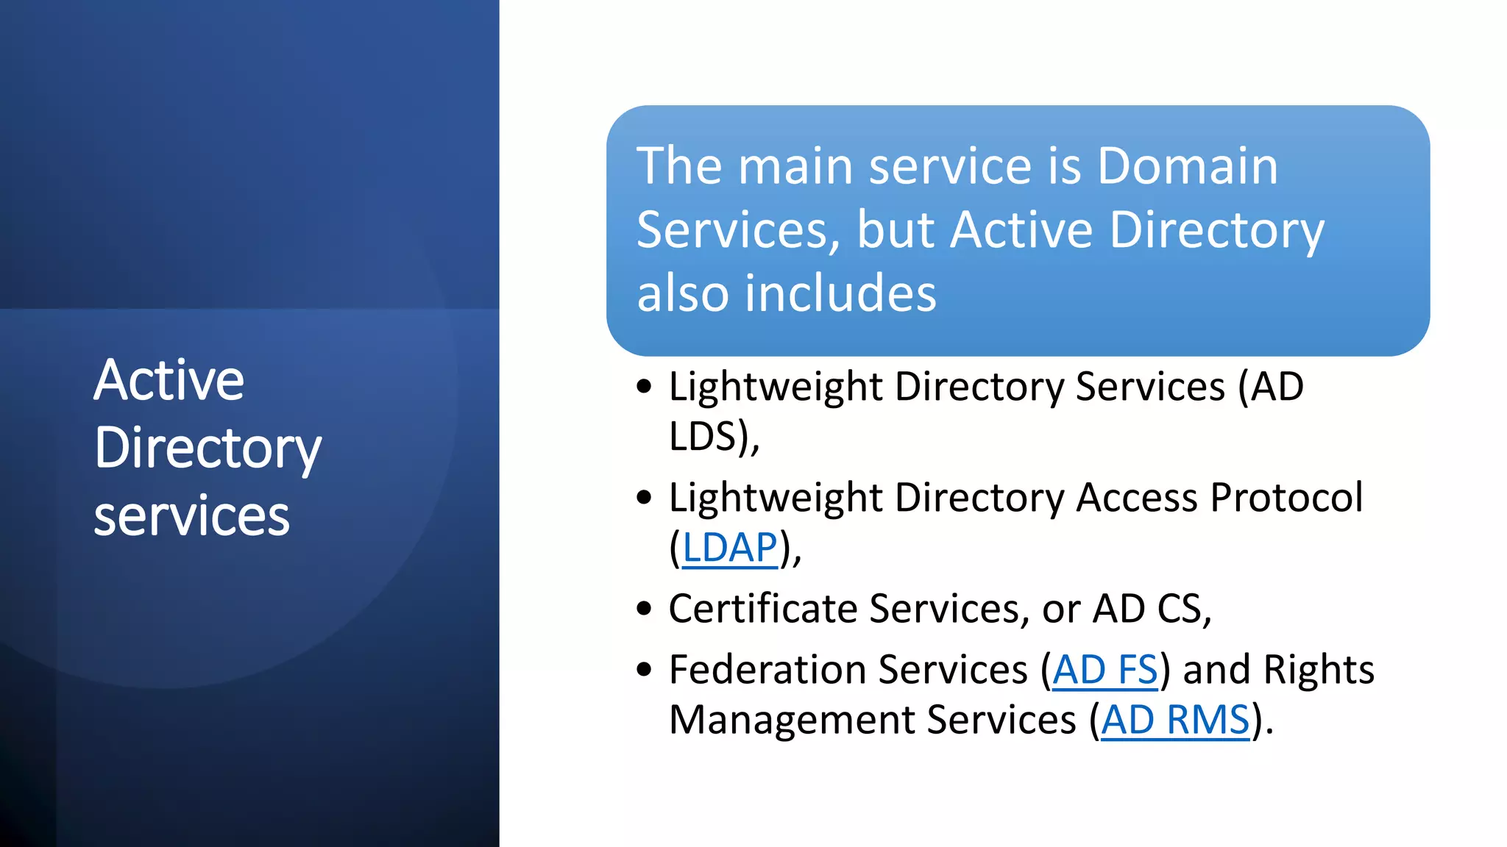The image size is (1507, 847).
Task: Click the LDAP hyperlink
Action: tap(729, 548)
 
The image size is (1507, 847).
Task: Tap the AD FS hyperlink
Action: tap(1105, 670)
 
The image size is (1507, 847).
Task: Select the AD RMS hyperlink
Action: tap(1175, 720)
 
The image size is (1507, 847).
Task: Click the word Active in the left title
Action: tap(169, 380)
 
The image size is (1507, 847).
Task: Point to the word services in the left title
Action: tap(191, 516)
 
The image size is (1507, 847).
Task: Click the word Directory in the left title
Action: tap(208, 448)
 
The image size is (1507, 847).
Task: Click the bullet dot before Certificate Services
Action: tap(645, 609)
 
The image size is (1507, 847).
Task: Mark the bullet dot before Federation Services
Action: tap(645, 670)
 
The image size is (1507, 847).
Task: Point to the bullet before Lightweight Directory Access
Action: tap(645, 498)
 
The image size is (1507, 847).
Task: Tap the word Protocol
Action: tap(1286, 498)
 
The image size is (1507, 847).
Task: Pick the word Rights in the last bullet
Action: tap(1318, 670)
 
